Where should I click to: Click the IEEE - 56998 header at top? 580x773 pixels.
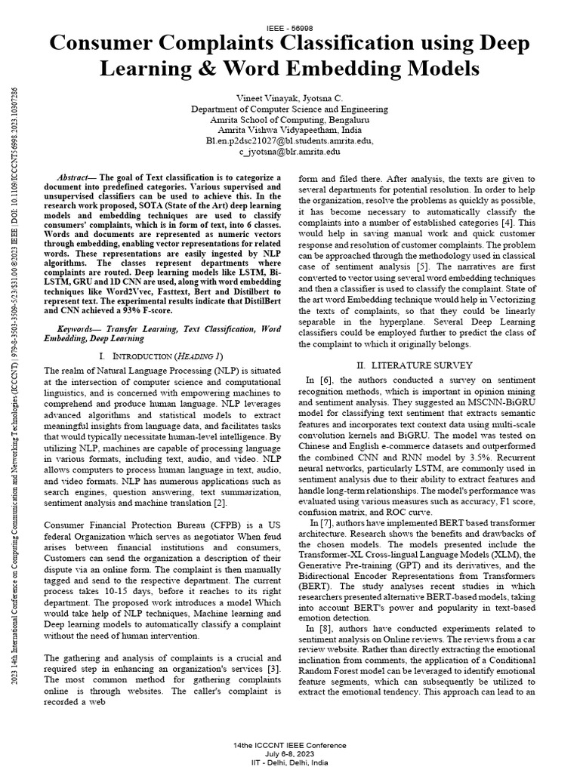(x=290, y=27)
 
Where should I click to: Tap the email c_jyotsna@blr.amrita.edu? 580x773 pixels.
(x=290, y=151)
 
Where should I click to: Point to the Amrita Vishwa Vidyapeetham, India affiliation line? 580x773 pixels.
(x=290, y=130)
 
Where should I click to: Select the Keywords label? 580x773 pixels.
(x=81, y=329)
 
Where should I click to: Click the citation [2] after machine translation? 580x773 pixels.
(x=220, y=503)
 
